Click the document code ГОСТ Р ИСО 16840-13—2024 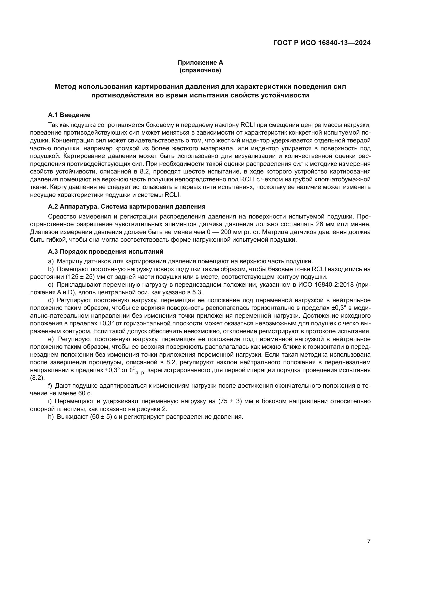(x=322, y=43)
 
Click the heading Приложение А (x=200, y=63)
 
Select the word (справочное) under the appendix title (x=200, y=70)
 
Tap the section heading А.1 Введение (x=69, y=115)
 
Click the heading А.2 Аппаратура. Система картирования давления (x=127, y=207)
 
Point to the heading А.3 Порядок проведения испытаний (x=106, y=251)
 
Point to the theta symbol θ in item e (x=131, y=370)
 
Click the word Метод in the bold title (x=65, y=86)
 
